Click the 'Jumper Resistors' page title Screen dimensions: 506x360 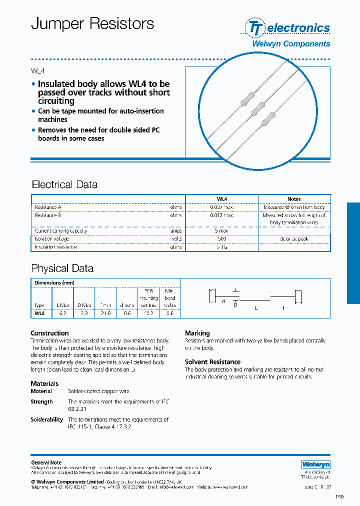coord(92,23)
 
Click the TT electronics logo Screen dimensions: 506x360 coord(287,27)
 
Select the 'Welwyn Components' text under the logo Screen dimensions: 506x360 coord(290,43)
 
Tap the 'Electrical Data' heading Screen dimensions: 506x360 coord(64,184)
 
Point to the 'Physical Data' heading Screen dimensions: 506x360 coord(62,268)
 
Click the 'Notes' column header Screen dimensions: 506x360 coord(294,199)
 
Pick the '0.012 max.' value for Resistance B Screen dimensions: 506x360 coord(221,215)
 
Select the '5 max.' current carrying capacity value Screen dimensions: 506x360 coord(221,231)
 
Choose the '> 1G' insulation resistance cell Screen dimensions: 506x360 coord(221,247)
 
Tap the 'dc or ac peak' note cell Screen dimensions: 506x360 coord(294,239)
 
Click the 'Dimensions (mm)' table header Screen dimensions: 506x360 coord(54,282)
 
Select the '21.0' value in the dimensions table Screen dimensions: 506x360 coord(105,314)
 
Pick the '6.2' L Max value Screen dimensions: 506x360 coord(62,314)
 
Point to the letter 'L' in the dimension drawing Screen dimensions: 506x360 coord(255,308)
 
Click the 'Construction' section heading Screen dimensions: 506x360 coord(49,333)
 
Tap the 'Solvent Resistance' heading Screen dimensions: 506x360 coord(212,362)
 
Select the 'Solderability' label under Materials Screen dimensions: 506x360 coord(46,419)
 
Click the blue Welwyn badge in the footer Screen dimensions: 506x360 coord(315,464)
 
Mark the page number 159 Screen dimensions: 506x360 coord(340,496)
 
